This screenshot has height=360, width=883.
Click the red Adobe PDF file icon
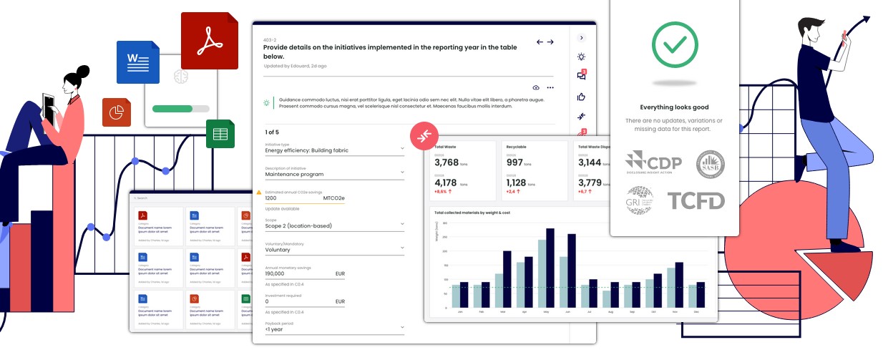tap(209, 40)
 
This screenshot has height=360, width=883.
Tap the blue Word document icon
tap(137, 62)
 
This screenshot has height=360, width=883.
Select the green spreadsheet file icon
tap(220, 133)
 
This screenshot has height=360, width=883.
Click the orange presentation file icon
tap(116, 112)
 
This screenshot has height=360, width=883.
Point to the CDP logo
tap(653, 165)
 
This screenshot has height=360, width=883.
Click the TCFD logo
tap(696, 201)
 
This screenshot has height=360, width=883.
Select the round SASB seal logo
tap(711, 165)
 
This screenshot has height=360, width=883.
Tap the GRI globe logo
tap(640, 200)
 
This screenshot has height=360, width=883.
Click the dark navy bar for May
tap(550, 267)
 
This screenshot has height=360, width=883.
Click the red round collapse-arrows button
tap(424, 135)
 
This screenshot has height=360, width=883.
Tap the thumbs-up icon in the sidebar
tap(581, 97)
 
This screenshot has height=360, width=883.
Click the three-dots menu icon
tap(550, 87)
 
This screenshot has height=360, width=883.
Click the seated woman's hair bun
tap(84, 72)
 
